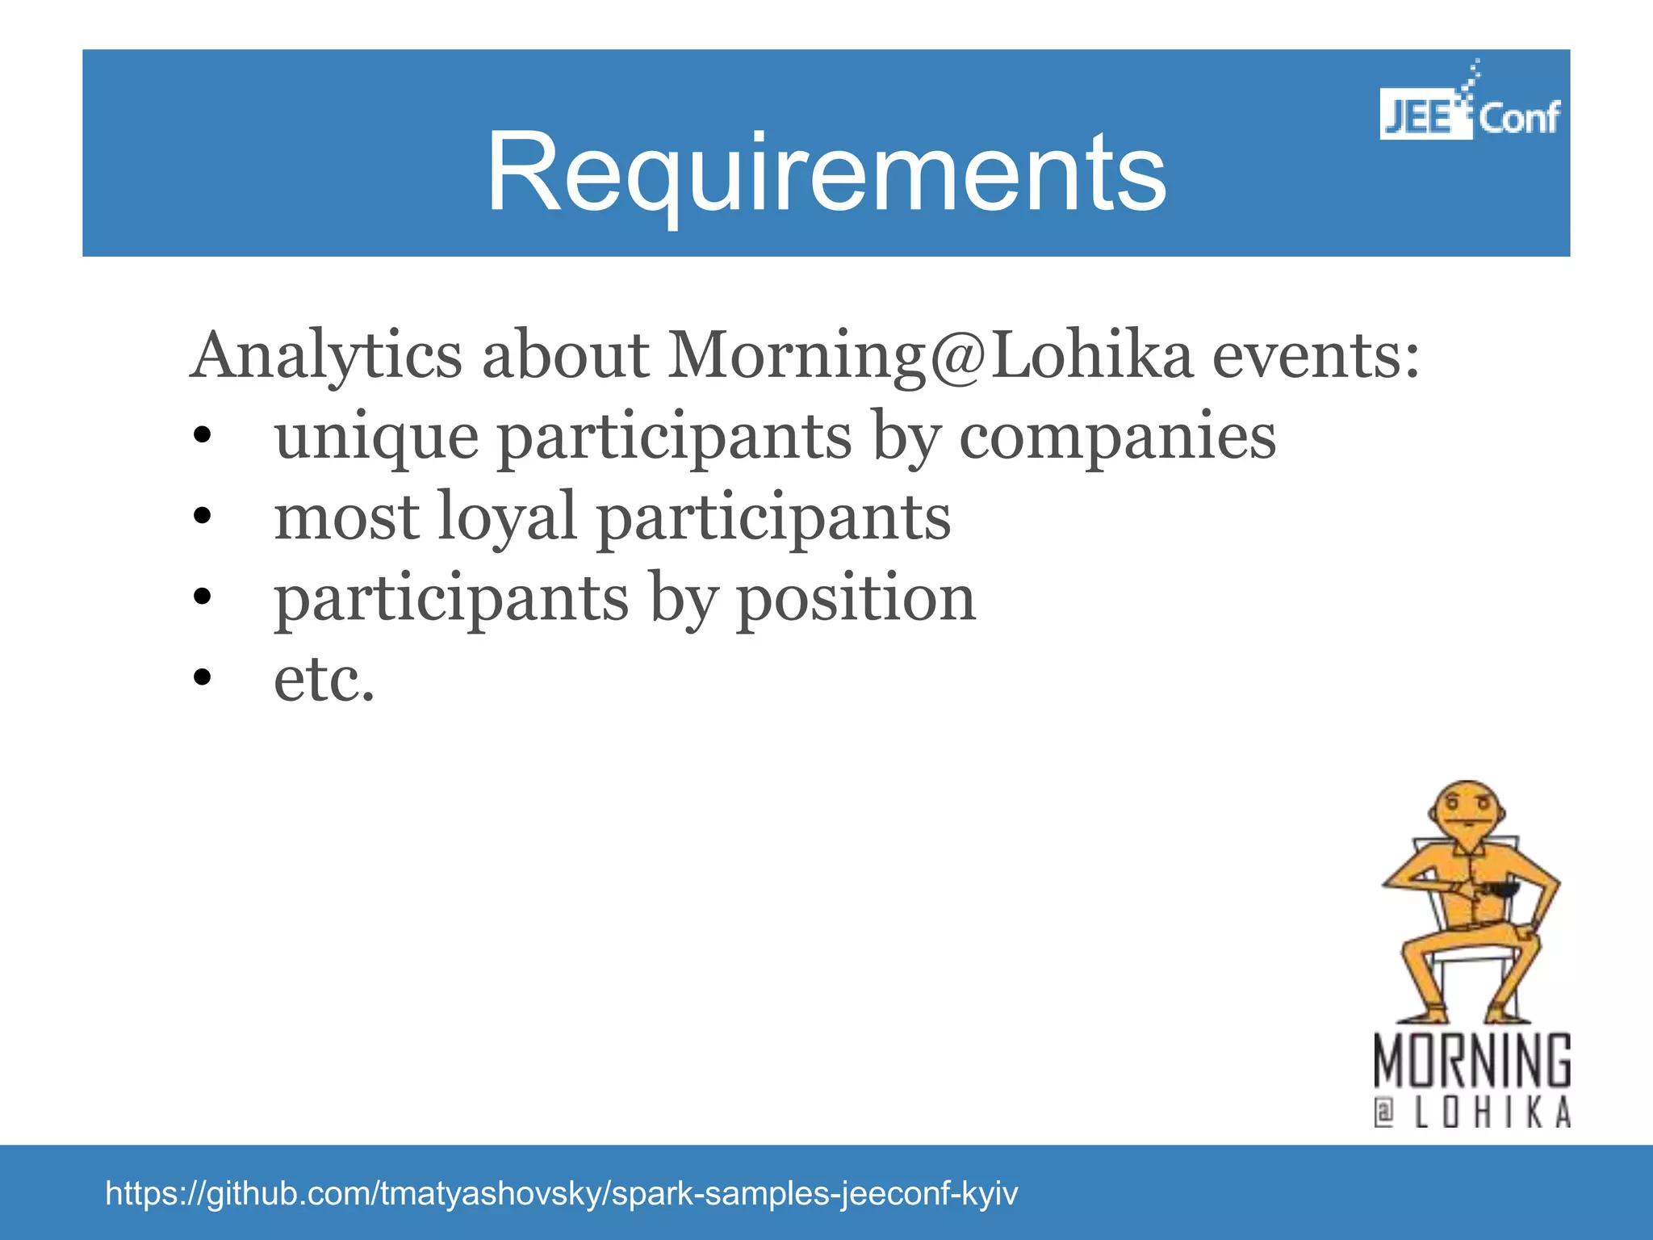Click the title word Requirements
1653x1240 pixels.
[826, 173]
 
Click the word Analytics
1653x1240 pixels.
[326, 356]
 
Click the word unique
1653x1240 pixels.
[376, 438]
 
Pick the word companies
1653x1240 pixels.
[1117, 438]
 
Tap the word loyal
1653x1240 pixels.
[506, 517]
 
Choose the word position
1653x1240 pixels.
[856, 598]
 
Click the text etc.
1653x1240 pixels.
[324, 680]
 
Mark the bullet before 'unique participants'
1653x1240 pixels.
[202, 438]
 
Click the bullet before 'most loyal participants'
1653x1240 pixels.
[202, 516]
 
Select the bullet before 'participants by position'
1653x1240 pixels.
[202, 597]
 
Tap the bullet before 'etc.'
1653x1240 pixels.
[202, 678]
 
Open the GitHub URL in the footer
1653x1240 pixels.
[562, 1193]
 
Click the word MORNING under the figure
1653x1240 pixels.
[1472, 1062]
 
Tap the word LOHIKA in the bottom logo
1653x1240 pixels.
[1493, 1113]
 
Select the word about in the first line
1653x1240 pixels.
[565, 356]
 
